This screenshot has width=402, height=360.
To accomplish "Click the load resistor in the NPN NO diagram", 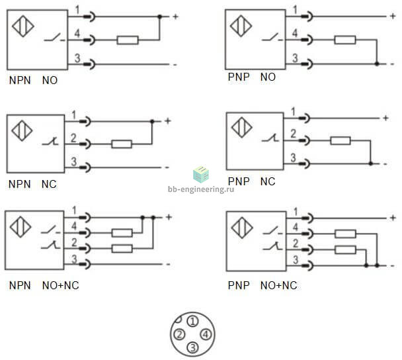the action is [128, 40].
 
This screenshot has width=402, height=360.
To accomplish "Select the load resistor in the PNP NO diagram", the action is [345, 40].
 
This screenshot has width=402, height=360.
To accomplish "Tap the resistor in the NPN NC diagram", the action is [122, 144].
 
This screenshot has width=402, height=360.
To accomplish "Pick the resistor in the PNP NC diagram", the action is [341, 140].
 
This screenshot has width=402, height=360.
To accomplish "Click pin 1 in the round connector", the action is [193, 321].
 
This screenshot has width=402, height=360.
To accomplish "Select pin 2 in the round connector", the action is [179, 334].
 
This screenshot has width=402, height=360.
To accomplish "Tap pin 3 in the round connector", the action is [193, 347].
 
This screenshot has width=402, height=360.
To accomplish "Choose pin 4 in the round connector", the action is [206, 334].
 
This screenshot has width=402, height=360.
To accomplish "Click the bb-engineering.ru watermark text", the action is [201, 189].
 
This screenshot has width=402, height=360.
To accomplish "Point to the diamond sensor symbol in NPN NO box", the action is [23, 26].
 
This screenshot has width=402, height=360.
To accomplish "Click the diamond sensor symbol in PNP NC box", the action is [242, 127].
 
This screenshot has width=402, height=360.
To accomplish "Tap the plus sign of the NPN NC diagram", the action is [168, 121].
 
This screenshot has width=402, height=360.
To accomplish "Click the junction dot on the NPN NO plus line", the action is [160, 17].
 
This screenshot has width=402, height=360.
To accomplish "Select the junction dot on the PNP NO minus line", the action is [377, 64].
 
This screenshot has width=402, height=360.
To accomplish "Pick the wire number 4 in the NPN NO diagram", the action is [77, 33].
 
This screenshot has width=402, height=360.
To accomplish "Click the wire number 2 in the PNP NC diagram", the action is [294, 134].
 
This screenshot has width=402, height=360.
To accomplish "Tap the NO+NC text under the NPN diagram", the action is [61, 285].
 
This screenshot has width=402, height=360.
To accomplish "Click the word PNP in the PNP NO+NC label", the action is [239, 285].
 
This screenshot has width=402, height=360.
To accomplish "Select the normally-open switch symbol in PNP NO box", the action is [272, 38].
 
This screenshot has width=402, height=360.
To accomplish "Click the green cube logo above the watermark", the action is [201, 175].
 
